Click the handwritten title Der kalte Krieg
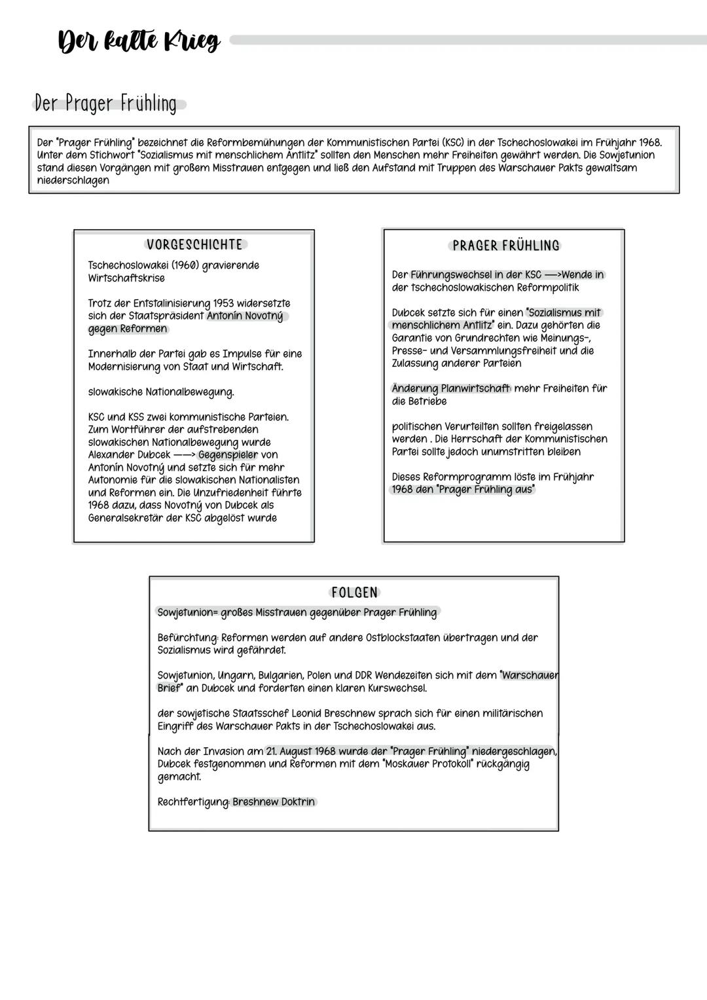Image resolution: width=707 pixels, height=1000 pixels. point(139,42)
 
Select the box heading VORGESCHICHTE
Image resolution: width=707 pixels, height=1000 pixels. point(194,245)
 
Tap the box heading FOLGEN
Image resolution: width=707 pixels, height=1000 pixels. point(354,593)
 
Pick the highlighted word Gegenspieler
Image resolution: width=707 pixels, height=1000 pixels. point(228,454)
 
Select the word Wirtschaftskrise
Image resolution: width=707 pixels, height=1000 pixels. point(126,278)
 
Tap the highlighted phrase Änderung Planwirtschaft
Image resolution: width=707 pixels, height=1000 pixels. point(451,388)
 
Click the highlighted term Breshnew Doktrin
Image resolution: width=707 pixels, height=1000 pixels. point(274,802)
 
